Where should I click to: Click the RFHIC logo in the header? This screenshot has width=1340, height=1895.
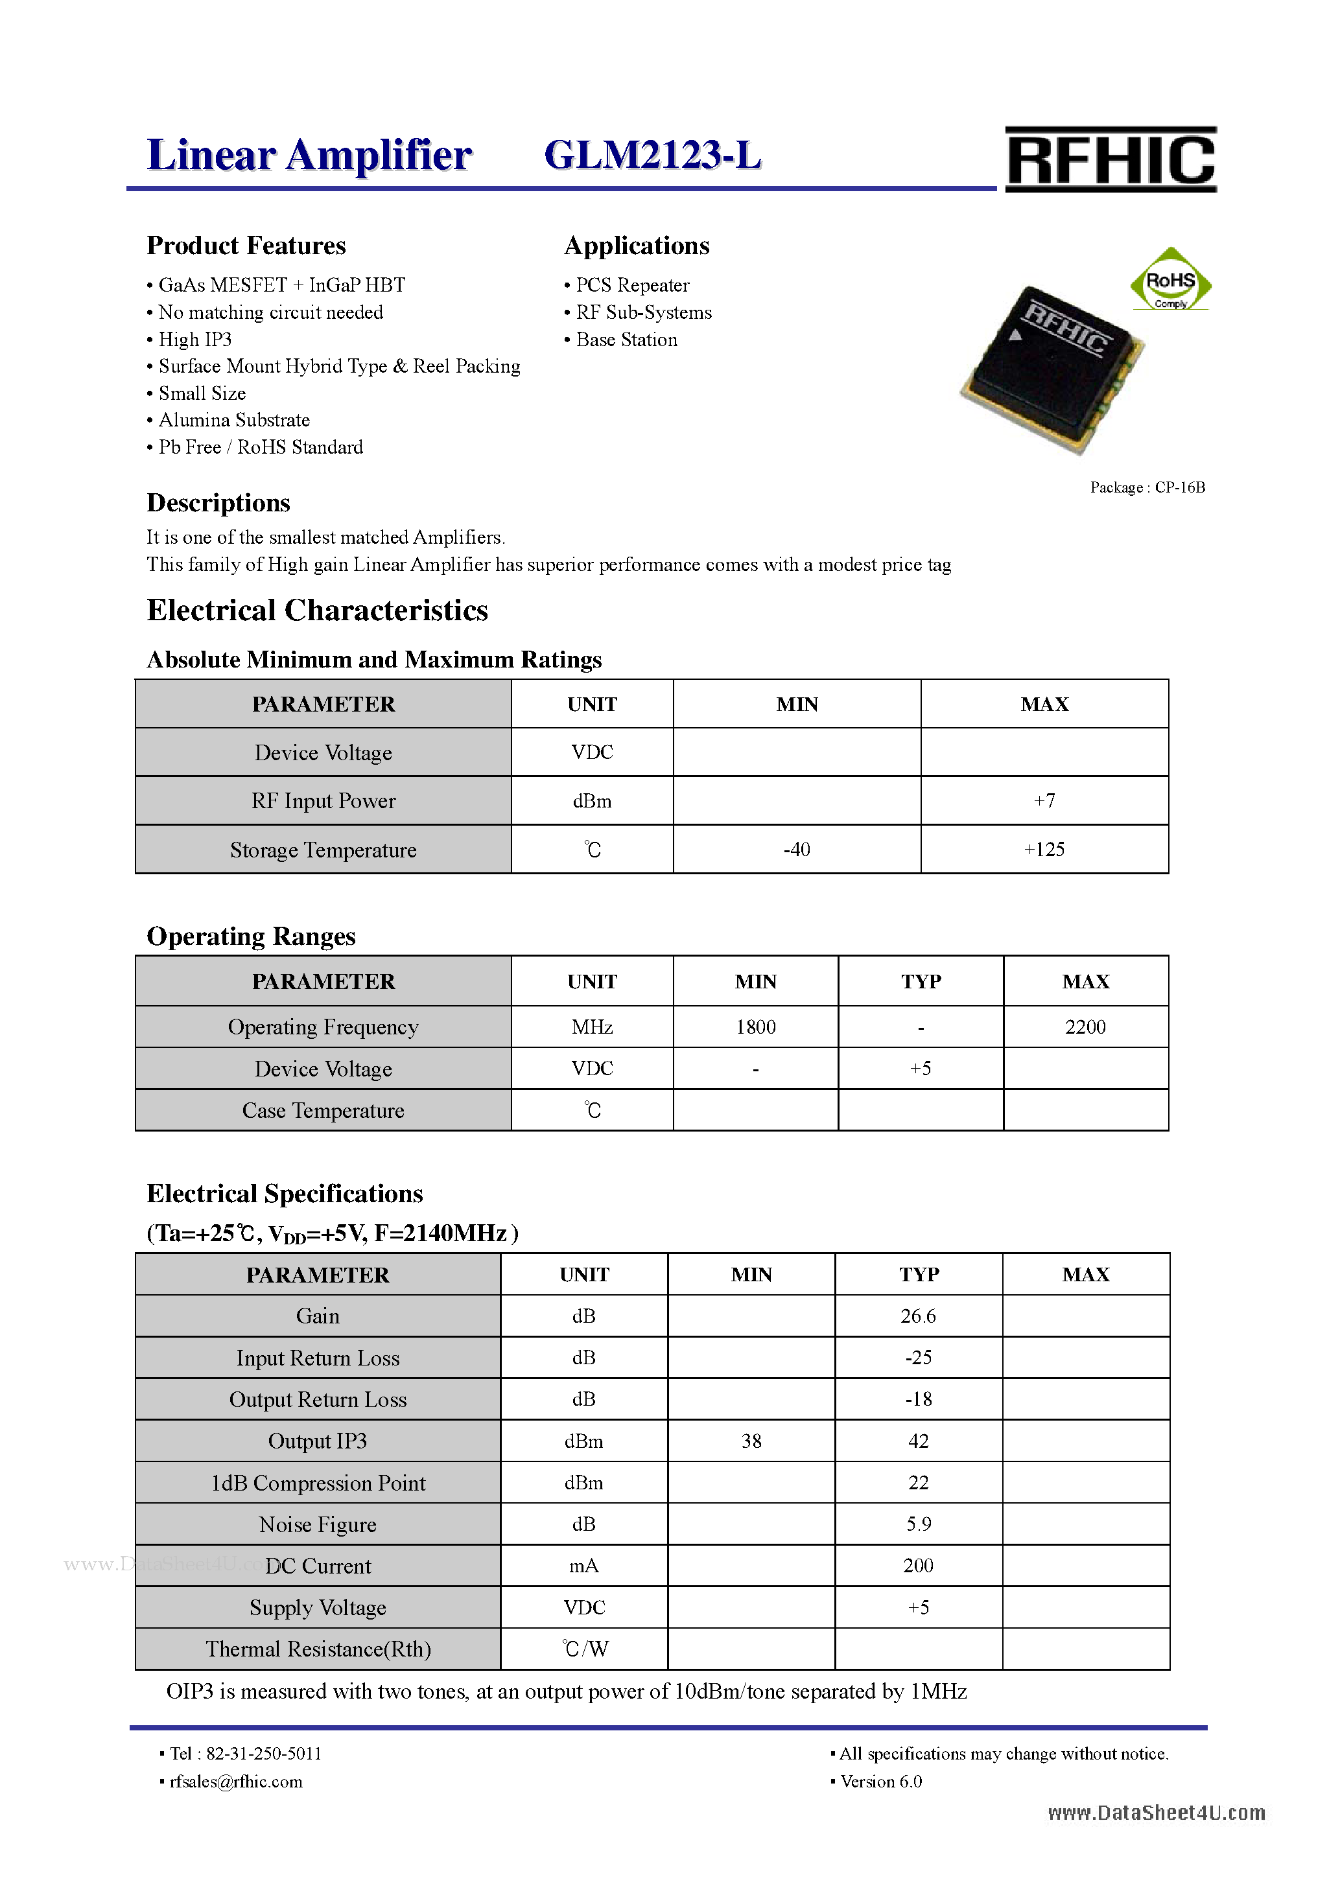(1110, 159)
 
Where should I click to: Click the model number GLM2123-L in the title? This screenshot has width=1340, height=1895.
(652, 155)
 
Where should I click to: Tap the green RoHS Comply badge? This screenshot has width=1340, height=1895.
(1170, 281)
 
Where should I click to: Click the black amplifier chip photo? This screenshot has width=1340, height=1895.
(1053, 368)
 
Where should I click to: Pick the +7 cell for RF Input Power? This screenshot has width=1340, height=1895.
(1044, 800)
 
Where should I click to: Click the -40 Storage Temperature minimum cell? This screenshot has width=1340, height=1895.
(796, 849)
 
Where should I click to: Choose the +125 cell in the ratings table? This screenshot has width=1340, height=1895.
(1044, 849)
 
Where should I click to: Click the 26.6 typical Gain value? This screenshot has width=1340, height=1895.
(918, 1316)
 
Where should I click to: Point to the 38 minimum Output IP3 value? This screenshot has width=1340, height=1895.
(751, 1441)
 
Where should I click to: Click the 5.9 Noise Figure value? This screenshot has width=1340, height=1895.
(918, 1524)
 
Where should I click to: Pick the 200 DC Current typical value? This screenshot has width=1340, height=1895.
(918, 1566)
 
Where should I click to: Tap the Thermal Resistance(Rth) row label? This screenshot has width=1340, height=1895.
(318, 1649)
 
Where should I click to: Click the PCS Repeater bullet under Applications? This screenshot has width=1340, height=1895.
(631, 286)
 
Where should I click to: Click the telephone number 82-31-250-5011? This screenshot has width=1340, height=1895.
(263, 1754)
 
